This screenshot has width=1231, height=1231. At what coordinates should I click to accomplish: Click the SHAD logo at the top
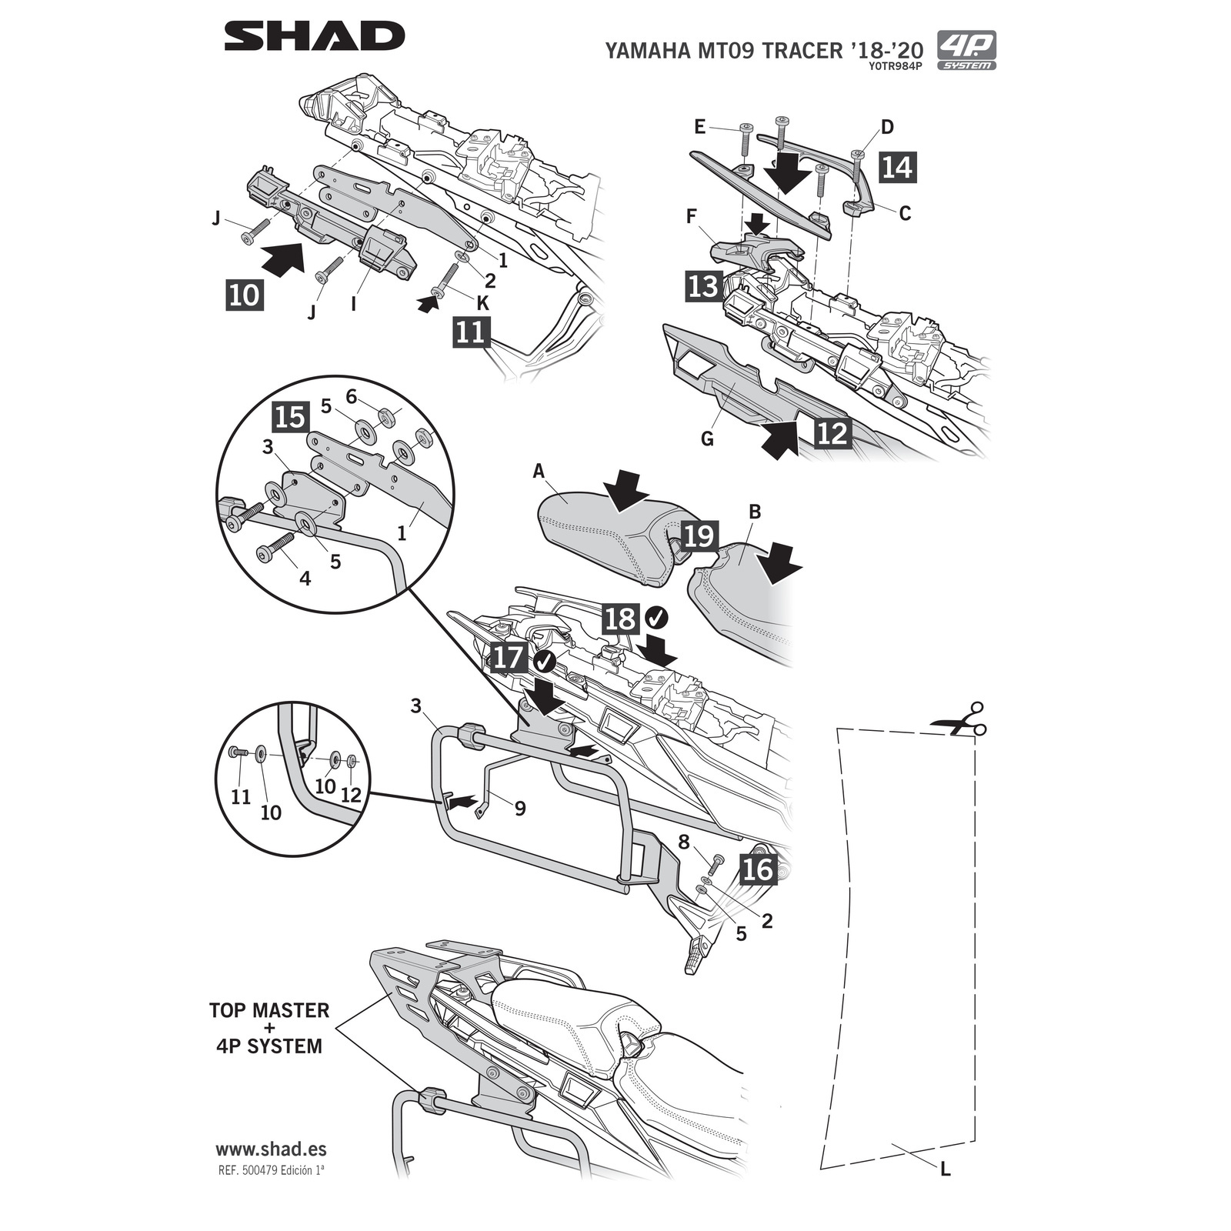tap(314, 36)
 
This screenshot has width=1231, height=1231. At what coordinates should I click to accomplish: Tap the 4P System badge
tap(966, 50)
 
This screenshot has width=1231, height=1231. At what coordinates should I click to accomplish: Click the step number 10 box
tap(245, 295)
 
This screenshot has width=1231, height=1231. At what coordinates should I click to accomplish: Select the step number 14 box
tap(897, 167)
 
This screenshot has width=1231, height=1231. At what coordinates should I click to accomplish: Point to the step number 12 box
tap(832, 432)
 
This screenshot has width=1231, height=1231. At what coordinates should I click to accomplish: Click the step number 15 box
tap(291, 418)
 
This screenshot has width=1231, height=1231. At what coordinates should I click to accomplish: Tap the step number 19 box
tap(699, 536)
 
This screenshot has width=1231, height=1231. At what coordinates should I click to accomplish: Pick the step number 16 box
tap(758, 869)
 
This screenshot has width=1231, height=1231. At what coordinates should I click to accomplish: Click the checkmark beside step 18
tap(656, 617)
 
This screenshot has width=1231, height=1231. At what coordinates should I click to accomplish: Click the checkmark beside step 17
tap(545, 660)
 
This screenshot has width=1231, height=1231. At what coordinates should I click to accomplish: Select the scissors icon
tap(959, 719)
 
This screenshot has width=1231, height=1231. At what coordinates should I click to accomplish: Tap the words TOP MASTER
tap(269, 1010)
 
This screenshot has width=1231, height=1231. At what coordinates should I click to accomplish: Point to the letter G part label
tap(707, 439)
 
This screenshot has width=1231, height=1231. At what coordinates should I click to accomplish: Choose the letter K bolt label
tap(483, 304)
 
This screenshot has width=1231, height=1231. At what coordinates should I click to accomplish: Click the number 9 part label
tap(520, 809)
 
